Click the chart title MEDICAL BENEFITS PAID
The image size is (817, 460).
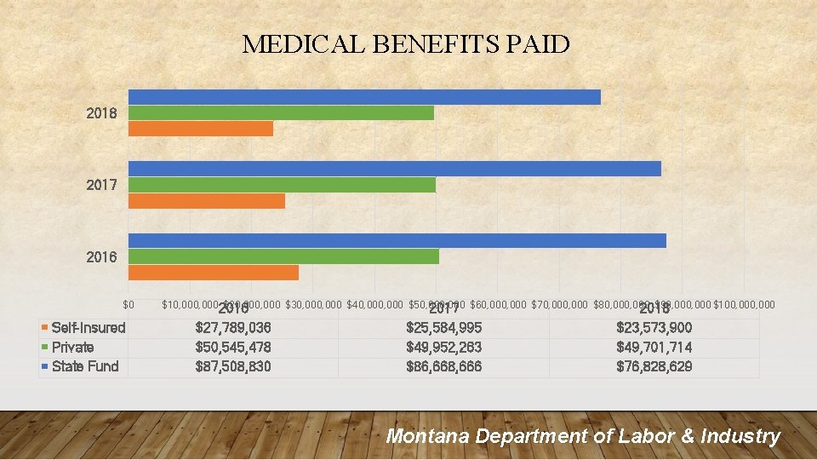point(406,44)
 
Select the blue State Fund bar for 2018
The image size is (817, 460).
point(364,97)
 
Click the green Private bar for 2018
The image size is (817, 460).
point(281,112)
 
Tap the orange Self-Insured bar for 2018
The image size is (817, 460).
point(201,129)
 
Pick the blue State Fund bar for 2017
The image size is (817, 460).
point(394,169)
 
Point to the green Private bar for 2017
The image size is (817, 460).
point(282,185)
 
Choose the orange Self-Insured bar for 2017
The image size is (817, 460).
point(207,201)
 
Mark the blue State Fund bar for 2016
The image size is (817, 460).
point(397,240)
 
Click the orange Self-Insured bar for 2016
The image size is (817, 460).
point(214,273)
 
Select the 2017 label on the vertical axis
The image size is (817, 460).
point(102,185)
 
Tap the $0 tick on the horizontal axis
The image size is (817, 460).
point(129,304)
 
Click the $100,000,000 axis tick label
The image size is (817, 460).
point(745,304)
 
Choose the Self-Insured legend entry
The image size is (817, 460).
point(88,328)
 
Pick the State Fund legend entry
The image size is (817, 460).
point(85,366)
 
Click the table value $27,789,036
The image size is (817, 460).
point(233,328)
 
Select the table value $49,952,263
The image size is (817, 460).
point(443,348)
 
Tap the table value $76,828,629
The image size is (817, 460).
point(654,366)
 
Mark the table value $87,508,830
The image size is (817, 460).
point(233,366)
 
